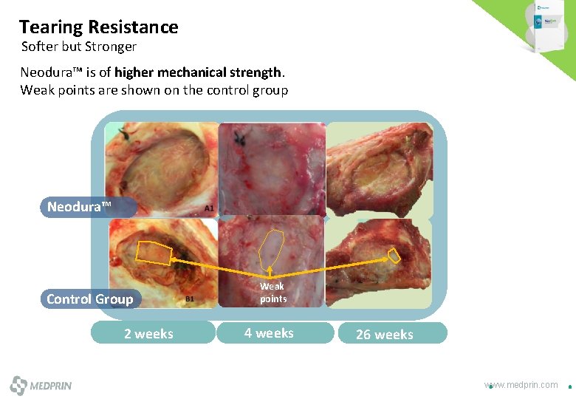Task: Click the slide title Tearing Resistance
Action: point(98,27)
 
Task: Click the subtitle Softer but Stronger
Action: point(79,47)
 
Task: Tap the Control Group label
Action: point(90,299)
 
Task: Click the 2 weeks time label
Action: point(149,333)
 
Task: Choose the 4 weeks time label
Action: point(269,332)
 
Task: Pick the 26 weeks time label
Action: point(384,334)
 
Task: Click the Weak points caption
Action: point(272,293)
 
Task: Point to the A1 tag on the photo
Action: point(209,209)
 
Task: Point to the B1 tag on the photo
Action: point(190,299)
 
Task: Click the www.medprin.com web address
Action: point(521,384)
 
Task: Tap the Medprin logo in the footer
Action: point(41,386)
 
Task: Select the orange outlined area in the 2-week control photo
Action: point(154,253)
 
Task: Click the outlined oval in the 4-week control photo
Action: point(273,248)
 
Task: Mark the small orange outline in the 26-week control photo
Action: point(394,256)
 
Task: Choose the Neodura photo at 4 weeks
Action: point(272,168)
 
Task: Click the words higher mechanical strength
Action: point(198,72)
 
